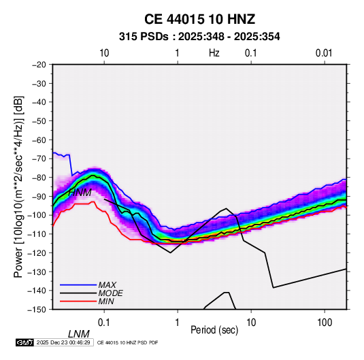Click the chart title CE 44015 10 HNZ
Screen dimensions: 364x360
pos(199,19)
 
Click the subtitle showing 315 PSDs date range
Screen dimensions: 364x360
pos(199,37)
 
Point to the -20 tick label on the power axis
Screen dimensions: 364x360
pos(39,65)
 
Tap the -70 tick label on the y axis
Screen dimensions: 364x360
pos(39,159)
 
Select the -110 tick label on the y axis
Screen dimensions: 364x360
pos(37,234)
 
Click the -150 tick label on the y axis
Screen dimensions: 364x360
pos(37,310)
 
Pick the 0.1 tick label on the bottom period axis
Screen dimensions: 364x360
pos(103,323)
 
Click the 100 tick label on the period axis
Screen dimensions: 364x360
pos(325,323)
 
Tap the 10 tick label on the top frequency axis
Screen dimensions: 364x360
pos(104,53)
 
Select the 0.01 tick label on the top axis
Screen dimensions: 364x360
pos(324,53)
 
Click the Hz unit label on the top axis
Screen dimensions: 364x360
pos(214,53)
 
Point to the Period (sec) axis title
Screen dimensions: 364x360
pos(214,330)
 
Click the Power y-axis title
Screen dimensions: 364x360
pos(18,186)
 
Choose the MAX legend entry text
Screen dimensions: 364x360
pos(107,285)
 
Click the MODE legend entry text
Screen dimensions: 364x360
pos(110,293)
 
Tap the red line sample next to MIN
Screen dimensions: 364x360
pos(78,301)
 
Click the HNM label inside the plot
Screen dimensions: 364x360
pos(80,193)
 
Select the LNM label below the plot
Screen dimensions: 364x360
pos(79,334)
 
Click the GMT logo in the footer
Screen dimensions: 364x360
pos(25,342)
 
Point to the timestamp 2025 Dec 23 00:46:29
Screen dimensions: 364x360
pos(63,342)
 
